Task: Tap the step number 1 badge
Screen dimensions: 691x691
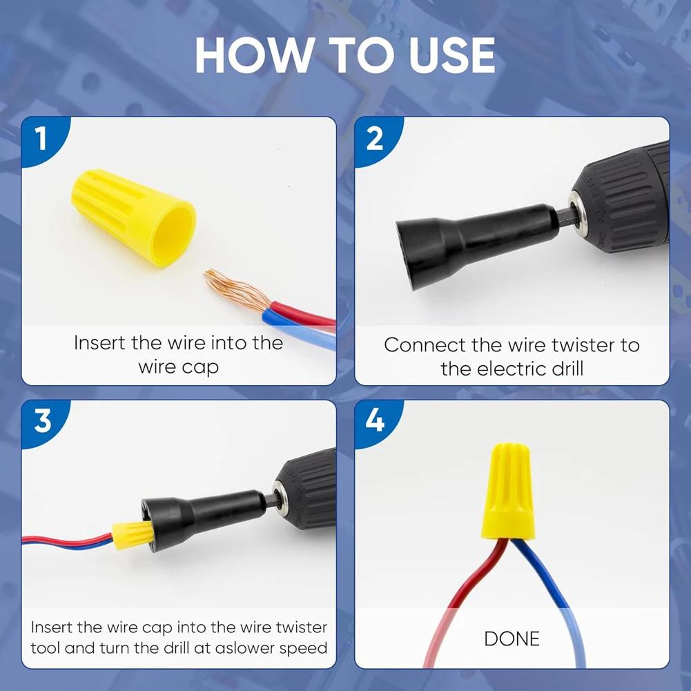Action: [x=41, y=139]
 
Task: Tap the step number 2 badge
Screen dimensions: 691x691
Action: [x=374, y=139]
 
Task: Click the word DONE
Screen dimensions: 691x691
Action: [x=512, y=639]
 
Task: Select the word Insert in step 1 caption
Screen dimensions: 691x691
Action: [x=101, y=343]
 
